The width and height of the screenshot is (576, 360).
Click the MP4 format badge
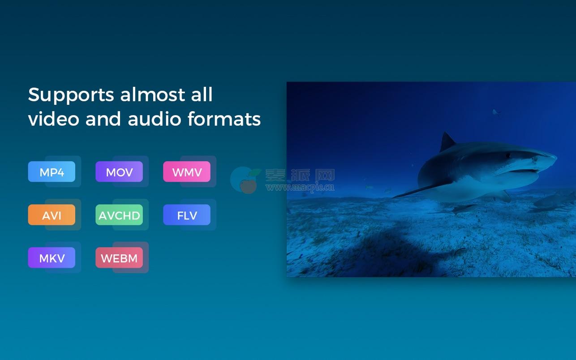(52, 171)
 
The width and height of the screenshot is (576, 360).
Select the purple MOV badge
(119, 171)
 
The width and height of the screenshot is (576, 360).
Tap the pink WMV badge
(187, 171)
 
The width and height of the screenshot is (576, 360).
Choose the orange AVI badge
(52, 215)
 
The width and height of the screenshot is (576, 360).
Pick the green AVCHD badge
(119, 215)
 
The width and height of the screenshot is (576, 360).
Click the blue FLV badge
(187, 215)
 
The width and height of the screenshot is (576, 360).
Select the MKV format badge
(52, 257)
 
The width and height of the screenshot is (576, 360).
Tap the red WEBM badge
(119, 257)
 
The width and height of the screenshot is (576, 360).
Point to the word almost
(152, 94)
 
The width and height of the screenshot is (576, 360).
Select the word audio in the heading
(155, 119)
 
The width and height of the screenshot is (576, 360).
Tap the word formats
(224, 119)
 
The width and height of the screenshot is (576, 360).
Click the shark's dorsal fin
(447, 142)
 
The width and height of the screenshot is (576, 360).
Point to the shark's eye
(508, 155)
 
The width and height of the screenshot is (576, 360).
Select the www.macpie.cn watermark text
(300, 187)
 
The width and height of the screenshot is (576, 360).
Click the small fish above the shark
(495, 112)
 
